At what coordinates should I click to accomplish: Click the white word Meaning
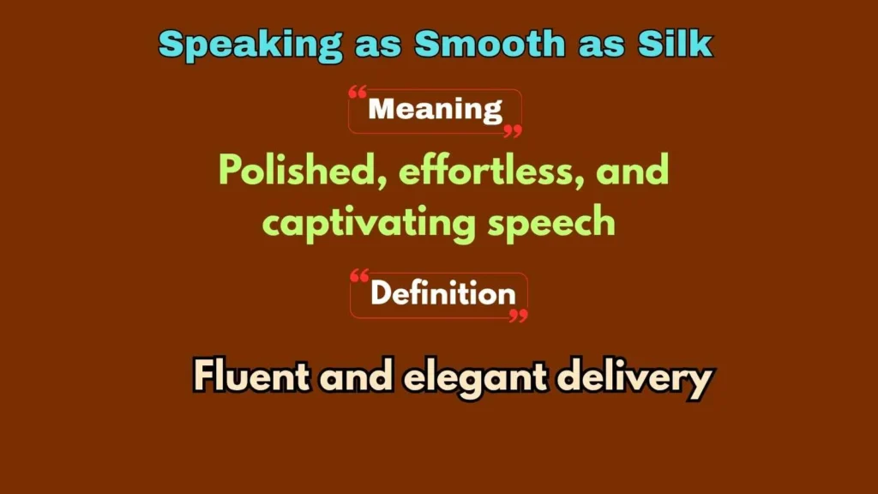[x=435, y=110]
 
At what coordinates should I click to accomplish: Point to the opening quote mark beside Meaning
[x=358, y=92]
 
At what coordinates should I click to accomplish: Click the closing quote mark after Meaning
[x=513, y=130]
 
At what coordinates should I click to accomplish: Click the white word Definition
[x=442, y=294]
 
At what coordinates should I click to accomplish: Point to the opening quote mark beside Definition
[x=360, y=276]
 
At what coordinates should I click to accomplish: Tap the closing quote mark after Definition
[x=518, y=315]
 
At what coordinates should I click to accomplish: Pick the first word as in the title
[x=380, y=44]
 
